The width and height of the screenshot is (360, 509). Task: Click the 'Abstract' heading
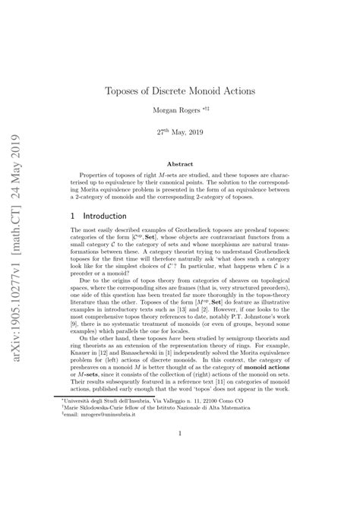click(x=180, y=163)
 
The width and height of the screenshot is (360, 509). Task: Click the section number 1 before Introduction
click(x=72, y=216)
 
